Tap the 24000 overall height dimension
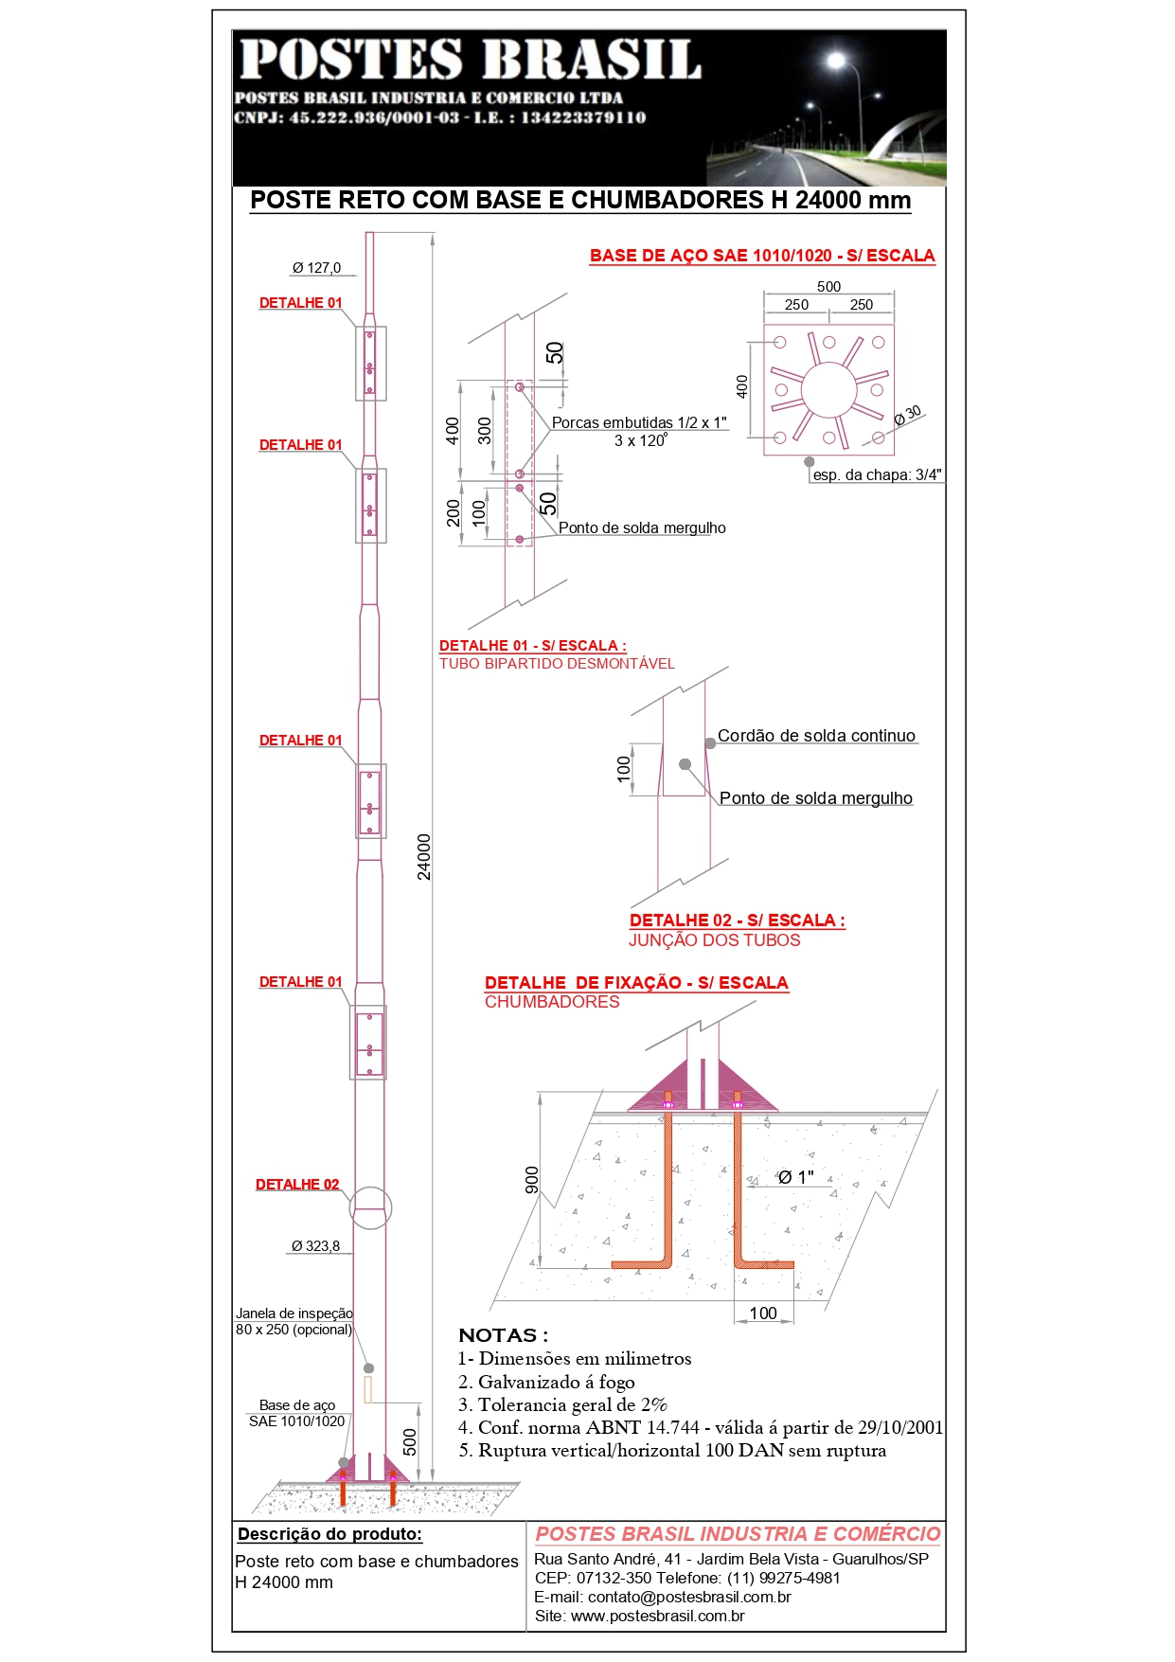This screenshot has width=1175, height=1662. (424, 856)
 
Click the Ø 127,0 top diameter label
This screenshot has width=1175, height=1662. (316, 268)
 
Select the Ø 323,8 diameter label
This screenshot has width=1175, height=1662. (315, 1246)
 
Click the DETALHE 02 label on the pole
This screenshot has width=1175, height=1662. (297, 1185)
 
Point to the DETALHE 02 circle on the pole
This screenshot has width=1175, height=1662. (370, 1208)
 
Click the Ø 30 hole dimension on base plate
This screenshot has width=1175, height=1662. (907, 415)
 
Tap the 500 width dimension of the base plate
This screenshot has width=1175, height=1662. (828, 286)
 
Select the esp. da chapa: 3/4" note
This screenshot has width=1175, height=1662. (877, 475)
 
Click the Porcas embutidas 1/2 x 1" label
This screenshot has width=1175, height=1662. (639, 422)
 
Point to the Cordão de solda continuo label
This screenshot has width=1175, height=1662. (816, 736)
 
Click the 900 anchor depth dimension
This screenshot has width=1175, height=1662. (532, 1179)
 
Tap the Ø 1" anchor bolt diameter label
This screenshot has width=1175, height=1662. (796, 1177)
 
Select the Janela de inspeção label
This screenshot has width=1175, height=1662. (294, 1314)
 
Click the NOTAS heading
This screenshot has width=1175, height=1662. (503, 1335)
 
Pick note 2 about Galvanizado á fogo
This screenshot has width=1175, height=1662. (546, 1382)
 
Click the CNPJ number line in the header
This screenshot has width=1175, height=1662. (440, 117)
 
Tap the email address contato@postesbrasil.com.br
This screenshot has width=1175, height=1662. (663, 1597)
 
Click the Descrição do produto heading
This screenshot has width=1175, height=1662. (329, 1534)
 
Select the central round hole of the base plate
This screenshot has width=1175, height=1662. (828, 389)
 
